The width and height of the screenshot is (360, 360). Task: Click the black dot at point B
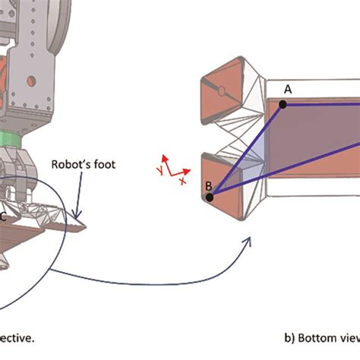(210, 197)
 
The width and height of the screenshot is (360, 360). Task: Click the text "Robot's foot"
(84, 163)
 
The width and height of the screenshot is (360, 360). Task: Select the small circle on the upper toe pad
(221, 92)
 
